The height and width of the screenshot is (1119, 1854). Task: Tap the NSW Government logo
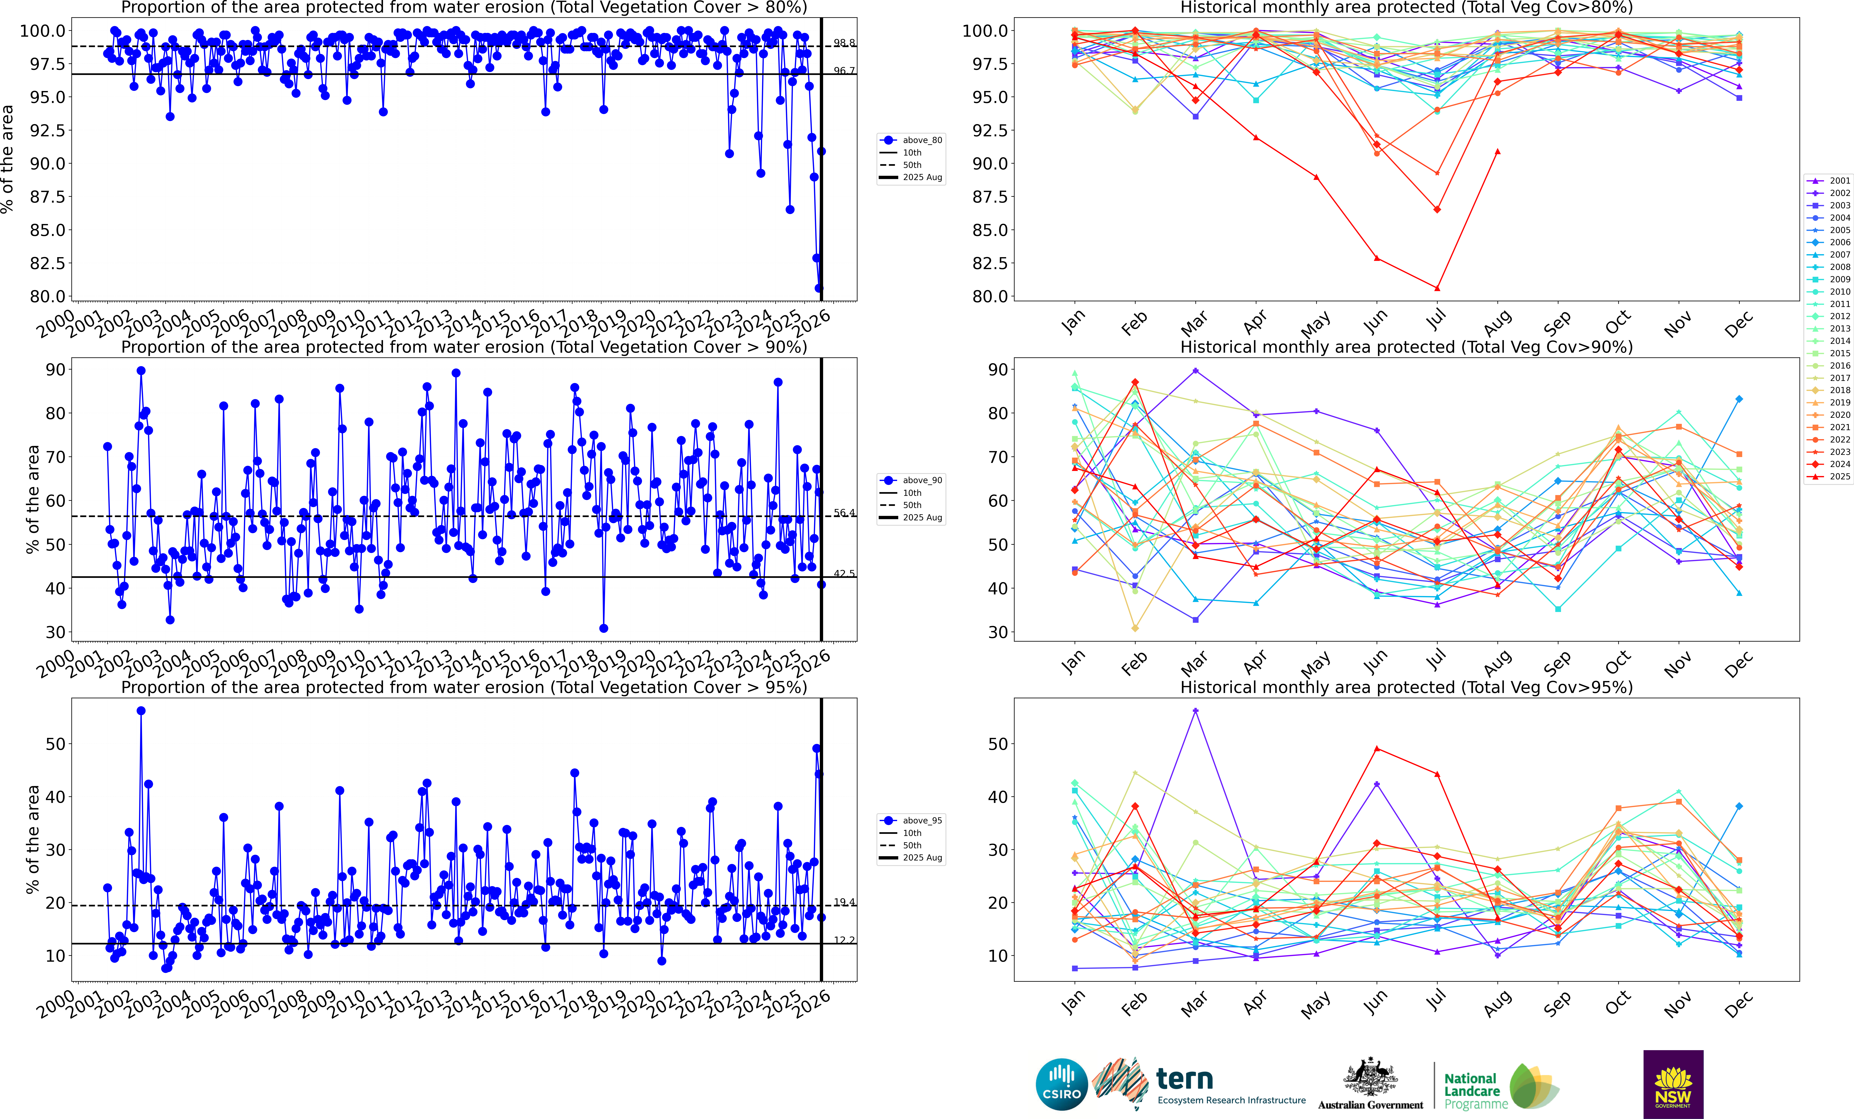click(x=1673, y=1084)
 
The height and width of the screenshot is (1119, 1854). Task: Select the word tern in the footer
click(x=1184, y=1079)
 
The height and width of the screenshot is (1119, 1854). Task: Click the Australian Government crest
click(x=1370, y=1078)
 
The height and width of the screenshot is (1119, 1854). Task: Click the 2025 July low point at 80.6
click(x=1437, y=288)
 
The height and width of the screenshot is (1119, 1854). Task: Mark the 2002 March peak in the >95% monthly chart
click(x=1196, y=710)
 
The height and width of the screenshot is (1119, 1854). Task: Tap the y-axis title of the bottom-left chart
click(x=32, y=839)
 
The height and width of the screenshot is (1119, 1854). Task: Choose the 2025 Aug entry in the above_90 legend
click(x=922, y=518)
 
